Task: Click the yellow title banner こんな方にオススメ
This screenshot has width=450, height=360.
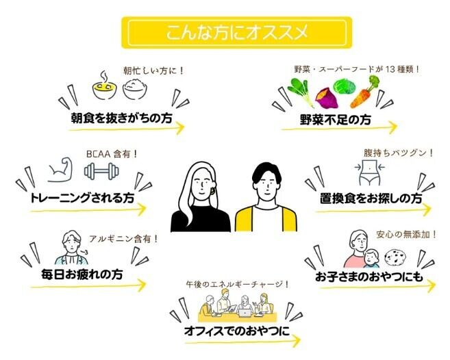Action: click(236, 32)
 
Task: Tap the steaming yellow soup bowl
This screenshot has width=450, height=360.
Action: click(104, 87)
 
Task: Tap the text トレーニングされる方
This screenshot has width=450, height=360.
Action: click(82, 199)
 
